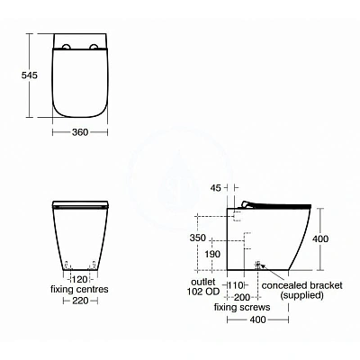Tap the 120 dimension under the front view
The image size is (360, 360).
[81, 280]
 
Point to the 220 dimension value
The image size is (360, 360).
[81, 301]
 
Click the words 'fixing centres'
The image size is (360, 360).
[81, 291]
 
